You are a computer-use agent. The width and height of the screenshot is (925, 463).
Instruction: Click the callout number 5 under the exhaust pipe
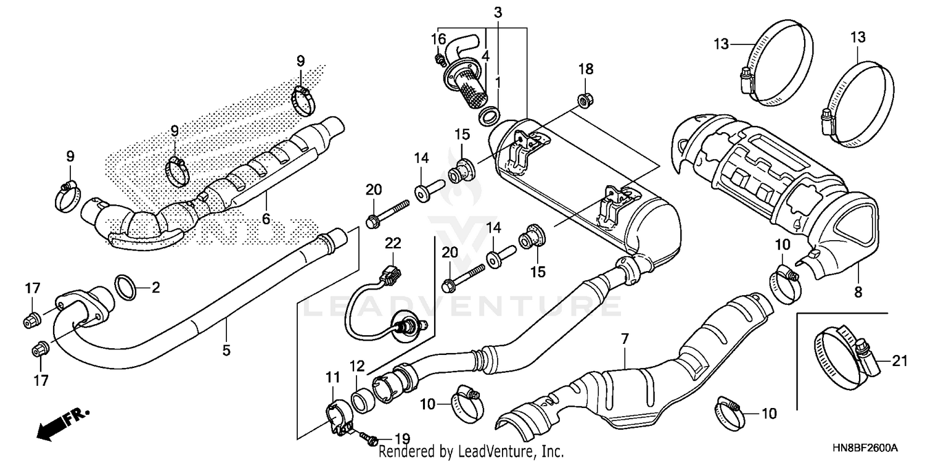pyautogui.click(x=226, y=351)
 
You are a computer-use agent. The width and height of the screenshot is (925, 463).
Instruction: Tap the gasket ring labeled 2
pyautogui.click(x=127, y=288)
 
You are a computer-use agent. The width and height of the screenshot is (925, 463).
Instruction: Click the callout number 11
pyautogui.click(x=333, y=375)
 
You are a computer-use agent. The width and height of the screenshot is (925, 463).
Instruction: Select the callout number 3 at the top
pyautogui.click(x=498, y=11)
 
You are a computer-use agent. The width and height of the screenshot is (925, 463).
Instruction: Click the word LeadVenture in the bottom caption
pyautogui.click(x=493, y=452)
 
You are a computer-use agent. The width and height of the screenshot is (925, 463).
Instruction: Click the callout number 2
pyautogui.click(x=155, y=287)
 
